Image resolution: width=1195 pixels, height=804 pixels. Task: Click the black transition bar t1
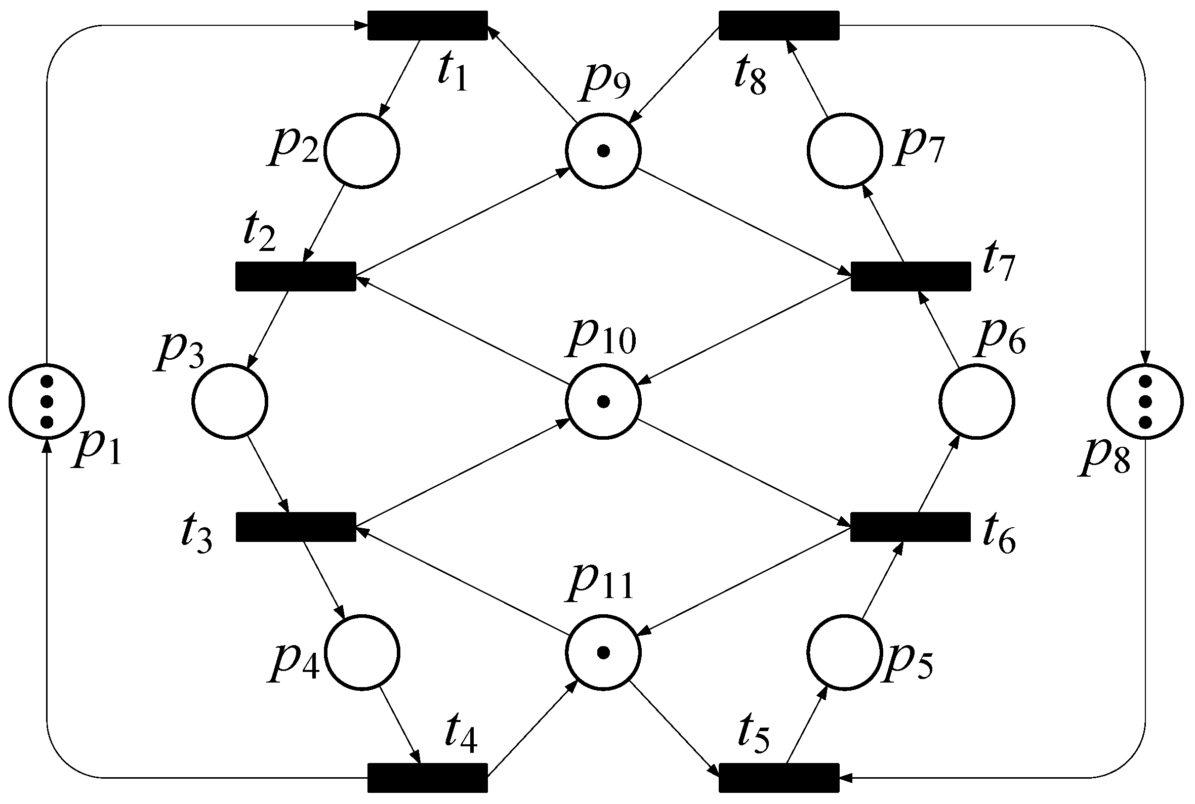[427, 25]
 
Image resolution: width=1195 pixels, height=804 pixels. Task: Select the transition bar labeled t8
[778, 25]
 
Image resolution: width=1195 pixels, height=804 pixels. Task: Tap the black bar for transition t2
[296, 276]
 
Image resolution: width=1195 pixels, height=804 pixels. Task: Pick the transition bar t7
[911, 276]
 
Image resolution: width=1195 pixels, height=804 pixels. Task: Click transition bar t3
[296, 527]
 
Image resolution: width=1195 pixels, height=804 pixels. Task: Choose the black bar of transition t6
[911, 527]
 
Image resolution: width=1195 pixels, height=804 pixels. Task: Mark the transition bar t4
[427, 778]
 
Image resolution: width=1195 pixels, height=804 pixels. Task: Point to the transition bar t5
[778, 778]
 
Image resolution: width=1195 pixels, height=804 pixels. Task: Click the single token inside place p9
[604, 151]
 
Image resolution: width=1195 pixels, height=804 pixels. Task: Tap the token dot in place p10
[604, 401]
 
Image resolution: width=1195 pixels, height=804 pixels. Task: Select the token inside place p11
[604, 652]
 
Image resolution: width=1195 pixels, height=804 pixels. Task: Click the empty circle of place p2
[361, 151]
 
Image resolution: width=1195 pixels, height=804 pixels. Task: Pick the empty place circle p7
[845, 151]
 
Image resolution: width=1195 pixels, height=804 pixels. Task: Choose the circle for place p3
[230, 401]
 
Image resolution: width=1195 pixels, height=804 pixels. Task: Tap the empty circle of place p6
[976, 401]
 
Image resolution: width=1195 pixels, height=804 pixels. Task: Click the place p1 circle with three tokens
[47, 401]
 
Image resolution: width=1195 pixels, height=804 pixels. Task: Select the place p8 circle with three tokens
[1145, 401]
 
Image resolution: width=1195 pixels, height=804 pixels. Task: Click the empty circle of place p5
[845, 652]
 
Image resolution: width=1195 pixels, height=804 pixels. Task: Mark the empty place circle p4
[361, 652]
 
